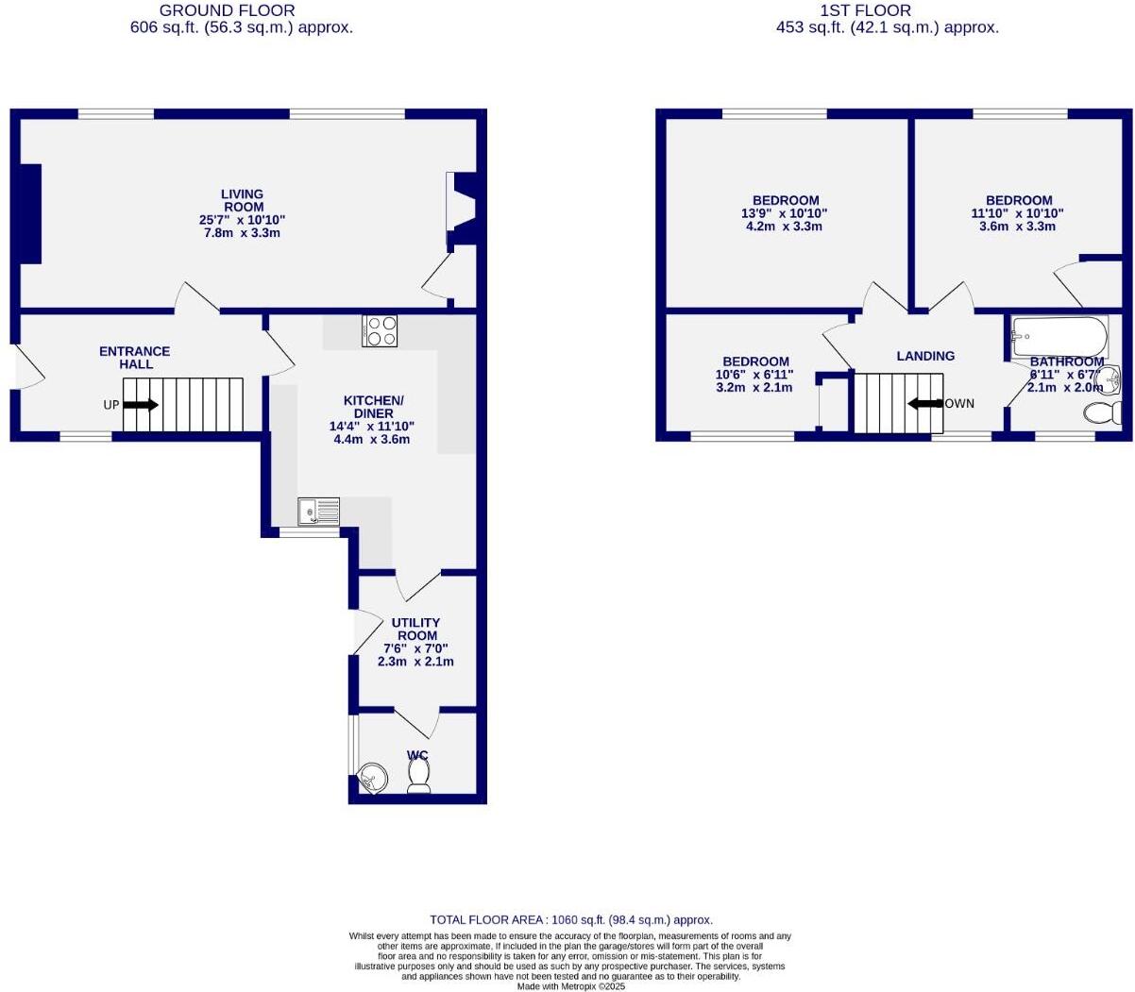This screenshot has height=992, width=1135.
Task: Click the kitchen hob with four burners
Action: point(380,331)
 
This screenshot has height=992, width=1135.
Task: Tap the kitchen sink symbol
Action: point(318,512)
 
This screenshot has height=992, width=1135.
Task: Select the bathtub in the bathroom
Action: point(1059,337)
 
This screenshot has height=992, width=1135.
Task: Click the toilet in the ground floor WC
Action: point(418,775)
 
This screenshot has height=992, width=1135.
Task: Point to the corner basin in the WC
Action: point(372,779)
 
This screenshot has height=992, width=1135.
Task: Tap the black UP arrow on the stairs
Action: point(141,404)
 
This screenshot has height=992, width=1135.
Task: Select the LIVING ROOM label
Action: point(243,200)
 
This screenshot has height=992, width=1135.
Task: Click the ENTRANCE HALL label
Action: point(135,358)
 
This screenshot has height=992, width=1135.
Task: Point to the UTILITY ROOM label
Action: point(415,629)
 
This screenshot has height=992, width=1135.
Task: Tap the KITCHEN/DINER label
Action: point(373,407)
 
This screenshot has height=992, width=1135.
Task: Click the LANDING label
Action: point(925,356)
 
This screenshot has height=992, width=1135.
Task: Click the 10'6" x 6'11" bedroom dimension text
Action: point(756,375)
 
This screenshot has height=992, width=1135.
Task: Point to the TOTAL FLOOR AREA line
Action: point(570,919)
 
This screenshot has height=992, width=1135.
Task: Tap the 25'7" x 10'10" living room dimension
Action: point(243,220)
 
